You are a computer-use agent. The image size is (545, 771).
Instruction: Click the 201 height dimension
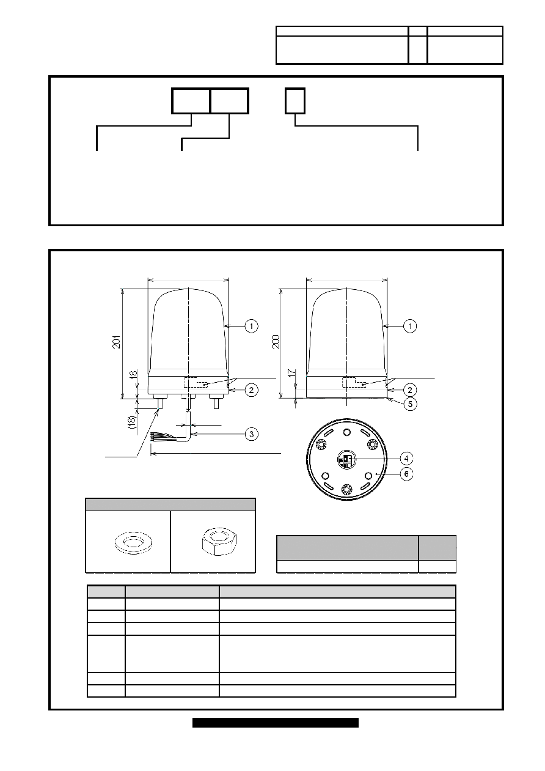coord(117,342)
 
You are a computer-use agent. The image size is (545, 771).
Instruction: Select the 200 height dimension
coord(276,341)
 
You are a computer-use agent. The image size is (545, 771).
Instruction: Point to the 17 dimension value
coord(291,373)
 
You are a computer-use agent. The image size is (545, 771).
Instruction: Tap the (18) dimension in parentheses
coord(133,422)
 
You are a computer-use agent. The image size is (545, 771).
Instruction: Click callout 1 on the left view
coord(251,326)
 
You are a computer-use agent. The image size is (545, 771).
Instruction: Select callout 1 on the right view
coord(409,326)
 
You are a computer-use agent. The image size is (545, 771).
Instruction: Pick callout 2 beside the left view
coord(251,390)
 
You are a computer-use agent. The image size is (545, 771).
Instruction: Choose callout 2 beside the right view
coord(409,390)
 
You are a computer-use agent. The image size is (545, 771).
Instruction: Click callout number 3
coord(251,434)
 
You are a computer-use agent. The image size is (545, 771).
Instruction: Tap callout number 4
coord(406,459)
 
